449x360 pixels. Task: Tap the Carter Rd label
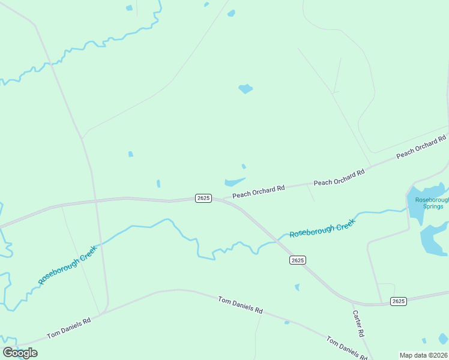click(358, 323)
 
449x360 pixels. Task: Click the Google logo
click(20, 353)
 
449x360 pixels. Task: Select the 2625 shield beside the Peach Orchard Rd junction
click(203, 198)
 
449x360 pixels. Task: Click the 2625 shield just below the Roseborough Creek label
click(297, 260)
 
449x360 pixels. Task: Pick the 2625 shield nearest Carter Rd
click(398, 301)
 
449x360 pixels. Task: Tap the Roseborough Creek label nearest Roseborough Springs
click(322, 228)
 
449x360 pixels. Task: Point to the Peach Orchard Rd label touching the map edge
click(422, 148)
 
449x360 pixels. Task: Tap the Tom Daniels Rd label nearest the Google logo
click(68, 328)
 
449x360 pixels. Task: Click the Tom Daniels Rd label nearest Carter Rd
click(346, 348)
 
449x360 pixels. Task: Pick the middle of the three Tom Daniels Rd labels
click(240, 305)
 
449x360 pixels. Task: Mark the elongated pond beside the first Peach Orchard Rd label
click(234, 182)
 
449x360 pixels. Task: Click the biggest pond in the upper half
click(245, 89)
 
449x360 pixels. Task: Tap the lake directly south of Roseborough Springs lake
click(434, 239)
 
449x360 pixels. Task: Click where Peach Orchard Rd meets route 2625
click(223, 199)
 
